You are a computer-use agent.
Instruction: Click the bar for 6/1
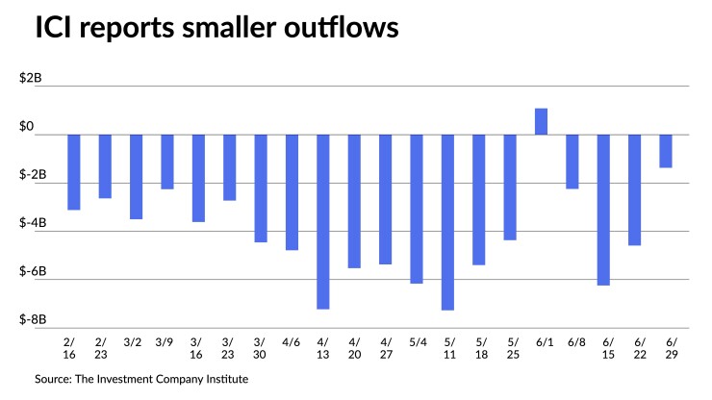pyautogui.click(x=542, y=122)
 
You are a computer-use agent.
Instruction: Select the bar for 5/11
pyautogui.click(x=447, y=222)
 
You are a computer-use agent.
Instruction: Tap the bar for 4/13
pyautogui.click(x=323, y=221)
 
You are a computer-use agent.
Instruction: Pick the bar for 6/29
pyautogui.click(x=666, y=151)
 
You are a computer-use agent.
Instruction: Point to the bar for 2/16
pyautogui.click(x=74, y=172)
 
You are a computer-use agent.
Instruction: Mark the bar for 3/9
pyautogui.click(x=167, y=162)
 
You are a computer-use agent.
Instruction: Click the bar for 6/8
pyautogui.click(x=572, y=162)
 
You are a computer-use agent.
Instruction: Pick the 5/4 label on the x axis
pyautogui.click(x=417, y=341)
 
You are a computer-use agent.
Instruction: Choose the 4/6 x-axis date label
pyautogui.click(x=292, y=341)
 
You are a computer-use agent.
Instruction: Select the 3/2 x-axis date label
pyautogui.click(x=136, y=341)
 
